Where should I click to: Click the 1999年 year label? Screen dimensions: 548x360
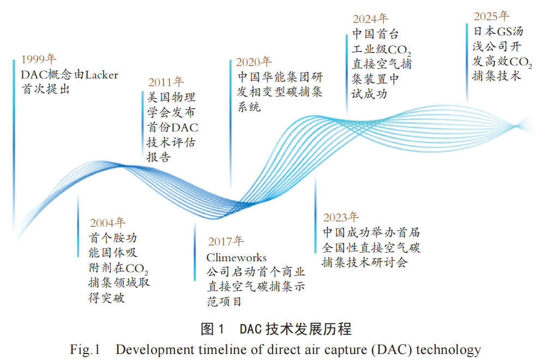click(39, 59)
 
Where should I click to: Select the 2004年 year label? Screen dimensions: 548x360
click(107, 223)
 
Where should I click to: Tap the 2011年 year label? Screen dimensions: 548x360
click(166, 82)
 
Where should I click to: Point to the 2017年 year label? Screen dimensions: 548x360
click(226, 241)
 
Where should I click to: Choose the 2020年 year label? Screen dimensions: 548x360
click(254, 62)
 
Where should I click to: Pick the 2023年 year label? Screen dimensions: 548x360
click(341, 217)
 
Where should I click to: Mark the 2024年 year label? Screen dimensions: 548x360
click(370, 19)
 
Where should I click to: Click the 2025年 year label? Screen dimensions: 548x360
click(491, 16)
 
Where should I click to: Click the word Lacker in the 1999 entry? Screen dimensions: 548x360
click(102, 75)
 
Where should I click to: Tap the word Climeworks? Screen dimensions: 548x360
click(236, 257)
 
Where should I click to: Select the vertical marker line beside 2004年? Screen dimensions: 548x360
click(78, 226)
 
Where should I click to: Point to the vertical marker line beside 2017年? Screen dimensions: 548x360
click(195, 251)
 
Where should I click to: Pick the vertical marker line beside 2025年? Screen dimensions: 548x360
click(467, 63)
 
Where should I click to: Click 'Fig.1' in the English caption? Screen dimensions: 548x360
click(85, 350)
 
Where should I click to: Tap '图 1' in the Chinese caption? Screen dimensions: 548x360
click(212, 329)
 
